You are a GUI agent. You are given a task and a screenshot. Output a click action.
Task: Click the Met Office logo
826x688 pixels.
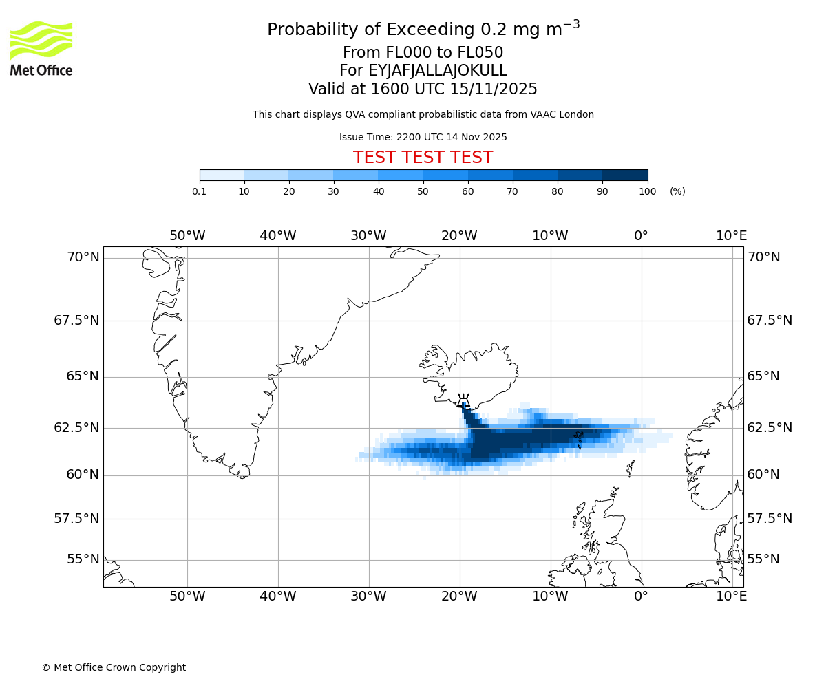(41, 48)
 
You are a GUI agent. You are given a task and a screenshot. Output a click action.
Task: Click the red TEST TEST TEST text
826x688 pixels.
(423, 158)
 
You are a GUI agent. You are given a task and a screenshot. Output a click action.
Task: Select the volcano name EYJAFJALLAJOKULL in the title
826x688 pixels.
(438, 71)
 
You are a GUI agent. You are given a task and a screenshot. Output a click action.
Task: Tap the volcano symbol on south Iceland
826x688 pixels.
(463, 400)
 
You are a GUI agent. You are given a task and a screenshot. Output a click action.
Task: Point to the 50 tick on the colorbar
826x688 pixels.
(423, 191)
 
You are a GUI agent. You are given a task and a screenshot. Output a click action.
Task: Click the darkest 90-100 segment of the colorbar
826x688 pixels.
(625, 175)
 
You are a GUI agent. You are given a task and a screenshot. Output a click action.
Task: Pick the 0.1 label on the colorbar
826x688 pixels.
(199, 191)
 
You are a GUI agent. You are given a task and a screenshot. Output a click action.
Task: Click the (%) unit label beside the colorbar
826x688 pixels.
(677, 191)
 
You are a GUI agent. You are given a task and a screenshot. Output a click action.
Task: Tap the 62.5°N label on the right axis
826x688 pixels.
(770, 427)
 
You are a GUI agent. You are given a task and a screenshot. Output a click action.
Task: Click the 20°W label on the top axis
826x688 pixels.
(459, 236)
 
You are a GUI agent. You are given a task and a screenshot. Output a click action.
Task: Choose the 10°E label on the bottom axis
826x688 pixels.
(731, 596)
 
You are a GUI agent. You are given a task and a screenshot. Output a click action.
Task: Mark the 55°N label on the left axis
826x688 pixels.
(83, 559)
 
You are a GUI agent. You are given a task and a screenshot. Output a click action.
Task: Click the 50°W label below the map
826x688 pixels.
(187, 596)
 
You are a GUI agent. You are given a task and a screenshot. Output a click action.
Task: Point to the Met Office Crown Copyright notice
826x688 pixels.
(114, 667)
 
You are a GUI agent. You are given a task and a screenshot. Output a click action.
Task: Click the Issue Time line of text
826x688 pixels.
(423, 137)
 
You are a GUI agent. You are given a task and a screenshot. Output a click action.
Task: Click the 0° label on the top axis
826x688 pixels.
(641, 236)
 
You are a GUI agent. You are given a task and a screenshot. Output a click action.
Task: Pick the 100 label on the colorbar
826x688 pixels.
(647, 191)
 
